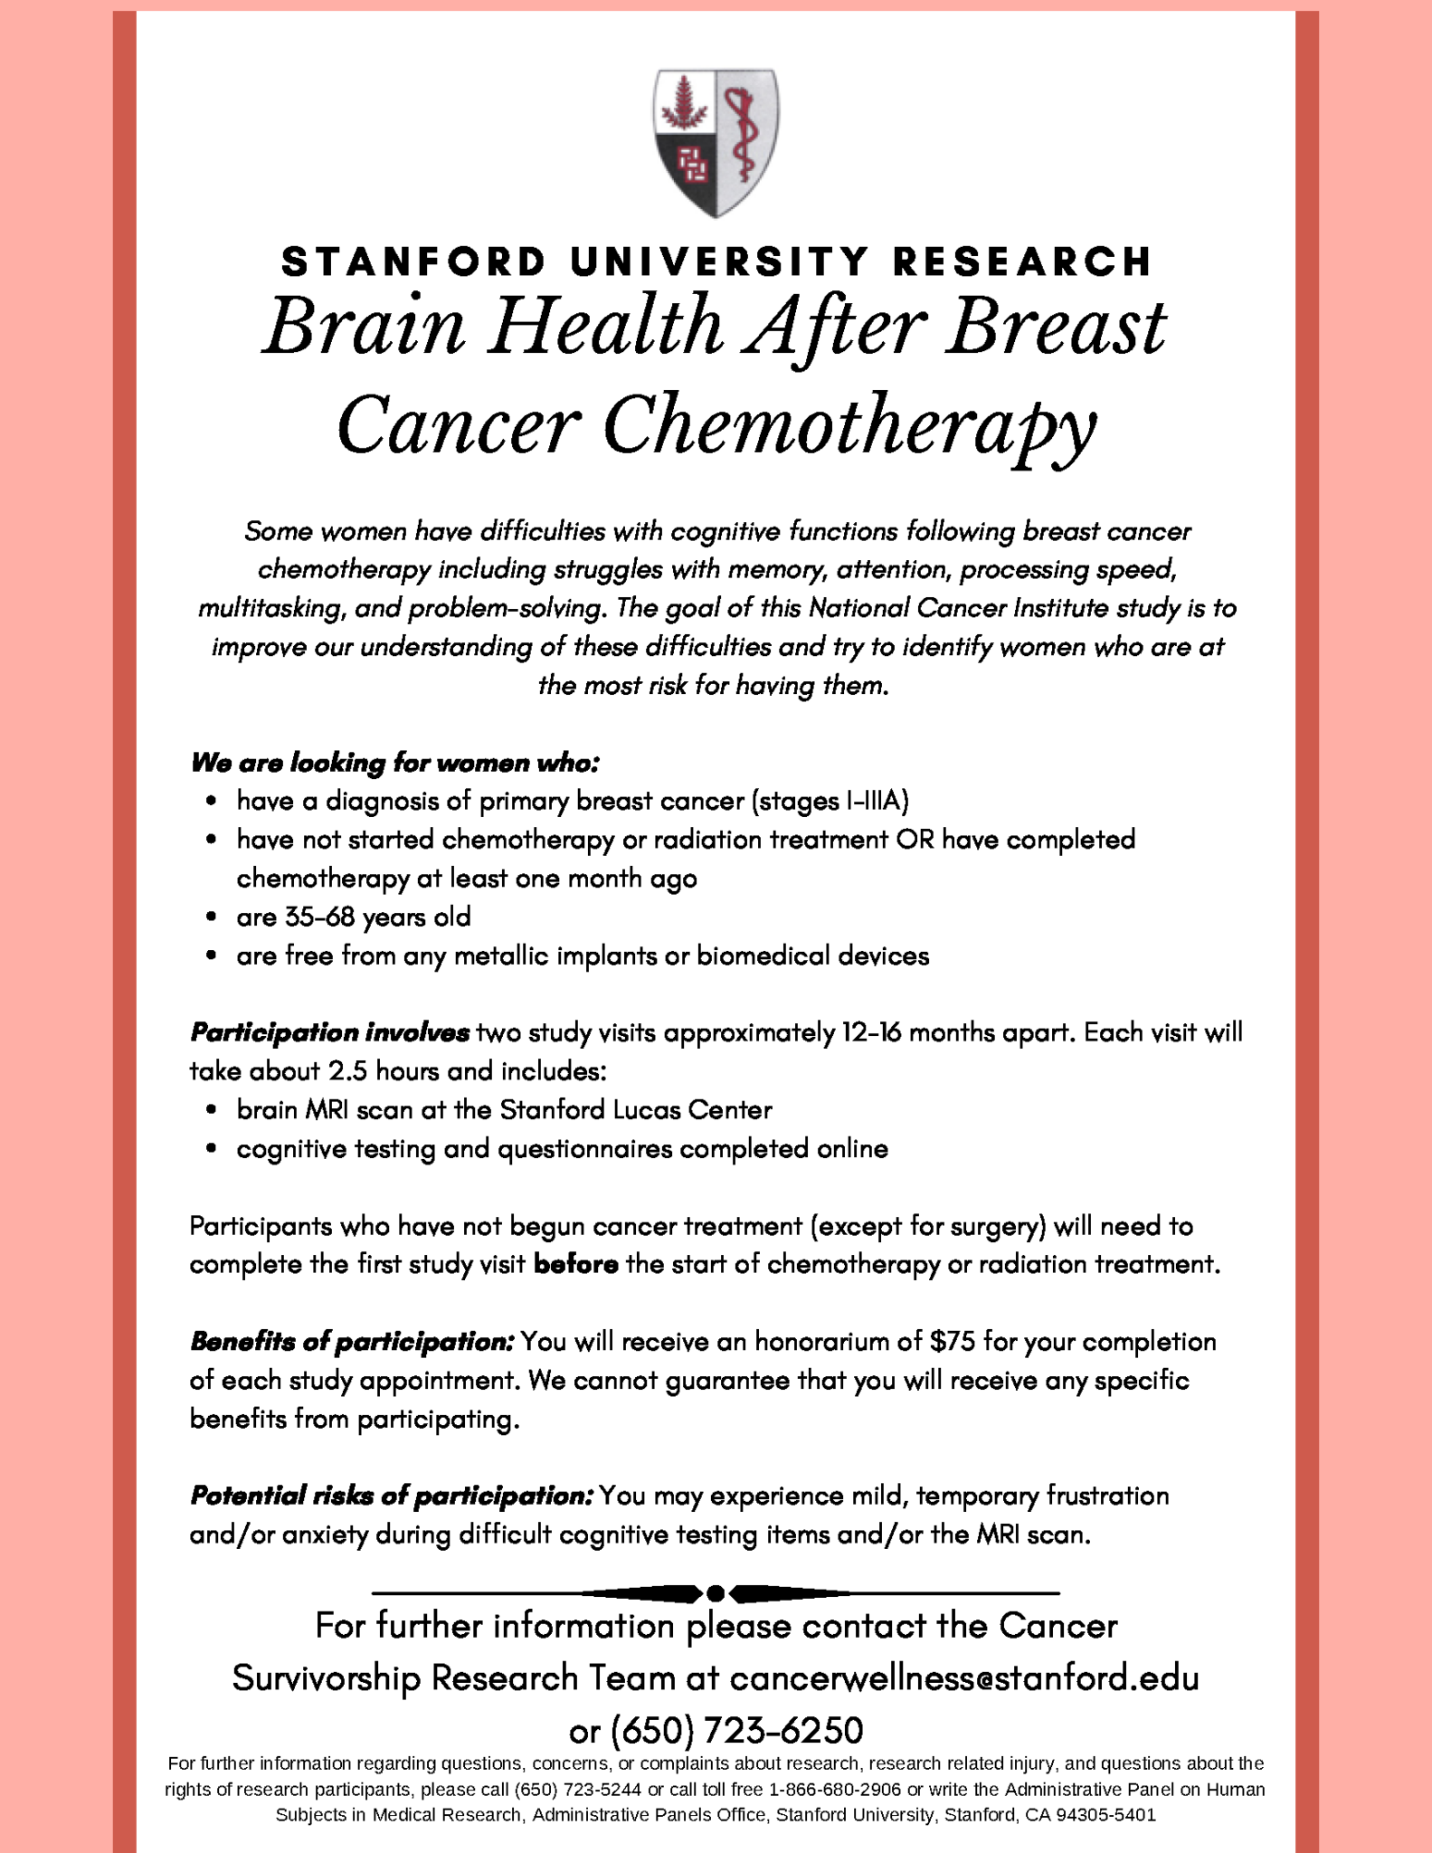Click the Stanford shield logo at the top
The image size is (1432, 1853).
716,142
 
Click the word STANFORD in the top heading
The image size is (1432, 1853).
413,262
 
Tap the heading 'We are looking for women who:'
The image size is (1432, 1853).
394,763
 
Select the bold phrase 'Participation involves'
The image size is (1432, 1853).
329,1032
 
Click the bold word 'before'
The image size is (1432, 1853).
576,1264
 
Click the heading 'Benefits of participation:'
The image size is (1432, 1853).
352,1341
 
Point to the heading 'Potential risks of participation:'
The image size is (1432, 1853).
391,1496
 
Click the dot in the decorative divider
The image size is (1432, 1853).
716,1592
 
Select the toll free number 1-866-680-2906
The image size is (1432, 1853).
835,1790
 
